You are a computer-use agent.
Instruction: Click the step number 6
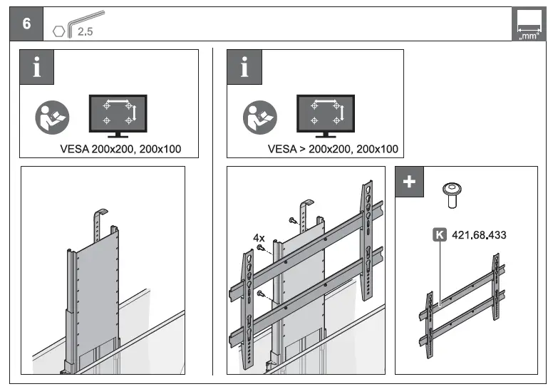(x=27, y=23)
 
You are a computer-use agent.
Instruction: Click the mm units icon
(x=527, y=26)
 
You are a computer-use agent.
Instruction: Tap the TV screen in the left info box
(x=117, y=112)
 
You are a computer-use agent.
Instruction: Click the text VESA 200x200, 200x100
(x=121, y=150)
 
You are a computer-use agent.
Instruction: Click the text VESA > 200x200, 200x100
(x=333, y=150)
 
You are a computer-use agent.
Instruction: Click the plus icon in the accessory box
(x=409, y=181)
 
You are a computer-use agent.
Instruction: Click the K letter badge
(x=440, y=234)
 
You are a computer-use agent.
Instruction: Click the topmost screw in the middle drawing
(x=291, y=222)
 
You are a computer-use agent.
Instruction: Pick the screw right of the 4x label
(x=263, y=247)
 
